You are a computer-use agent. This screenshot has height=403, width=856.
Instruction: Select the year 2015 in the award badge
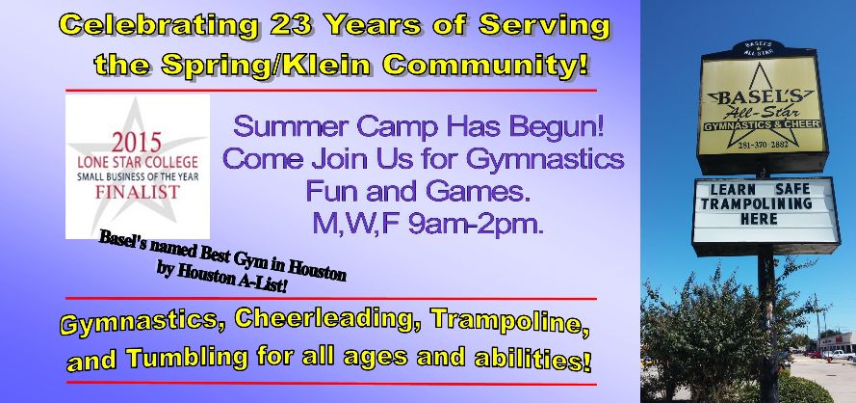(x=137, y=144)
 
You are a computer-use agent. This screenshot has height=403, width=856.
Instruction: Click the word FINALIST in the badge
(x=138, y=192)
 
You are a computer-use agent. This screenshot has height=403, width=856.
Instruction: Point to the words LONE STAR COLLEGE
(x=138, y=162)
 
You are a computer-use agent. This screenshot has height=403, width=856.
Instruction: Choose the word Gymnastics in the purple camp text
(x=545, y=160)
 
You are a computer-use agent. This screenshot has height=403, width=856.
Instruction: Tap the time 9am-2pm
(x=476, y=224)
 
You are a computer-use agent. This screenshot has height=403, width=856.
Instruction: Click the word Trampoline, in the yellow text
(x=509, y=320)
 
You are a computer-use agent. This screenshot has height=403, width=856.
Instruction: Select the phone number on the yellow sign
(x=762, y=145)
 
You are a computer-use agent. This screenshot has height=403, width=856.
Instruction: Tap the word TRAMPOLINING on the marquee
(x=757, y=204)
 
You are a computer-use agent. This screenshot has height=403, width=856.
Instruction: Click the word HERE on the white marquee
(x=759, y=219)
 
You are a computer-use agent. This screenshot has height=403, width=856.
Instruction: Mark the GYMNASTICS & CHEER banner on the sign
(x=762, y=125)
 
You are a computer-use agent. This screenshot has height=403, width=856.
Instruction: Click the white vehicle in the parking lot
(x=841, y=355)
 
